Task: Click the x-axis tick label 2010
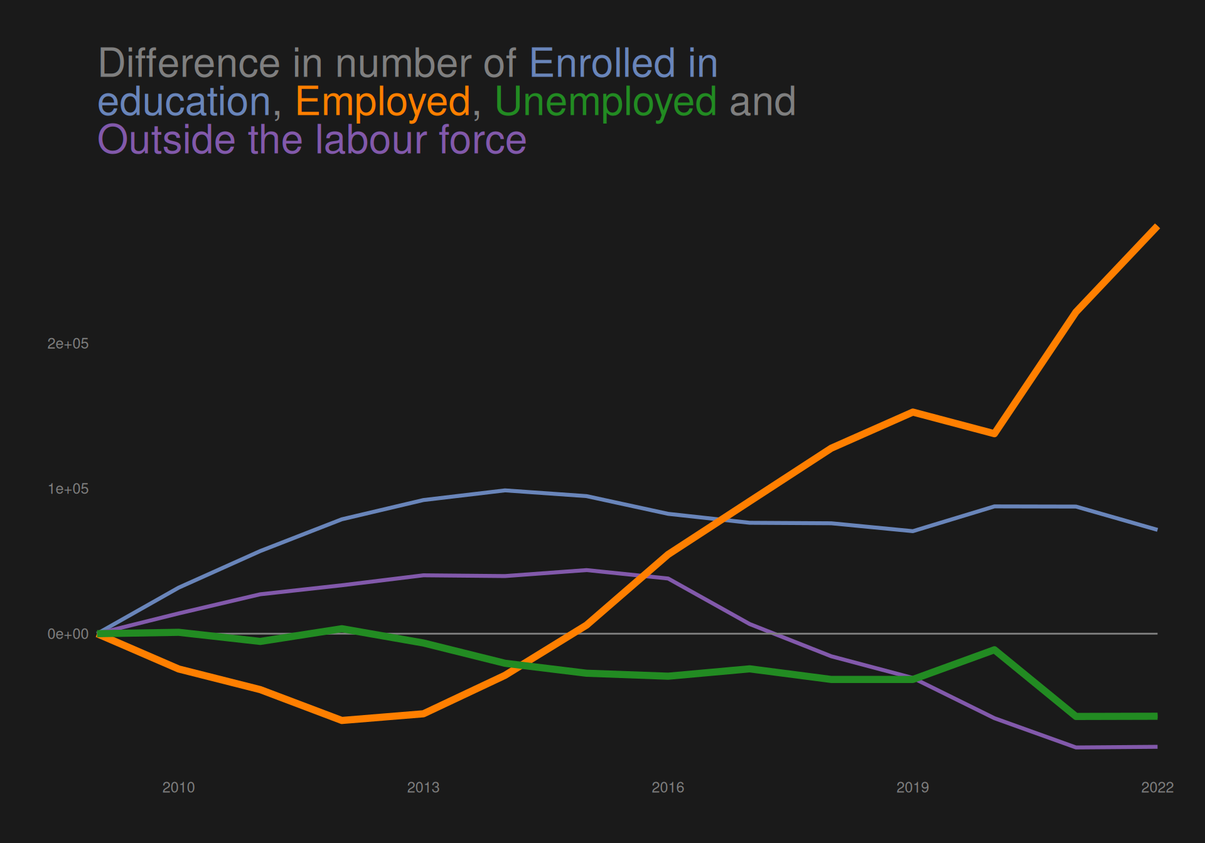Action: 178,787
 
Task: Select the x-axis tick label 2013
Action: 423,787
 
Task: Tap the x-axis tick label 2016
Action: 668,787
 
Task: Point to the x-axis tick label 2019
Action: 913,787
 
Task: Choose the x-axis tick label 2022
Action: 1157,787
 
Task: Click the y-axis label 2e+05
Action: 68,344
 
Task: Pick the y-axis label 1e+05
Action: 68,489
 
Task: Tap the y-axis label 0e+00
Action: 68,634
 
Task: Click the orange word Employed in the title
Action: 383,102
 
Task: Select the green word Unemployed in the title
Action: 606,102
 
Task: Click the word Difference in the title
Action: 189,63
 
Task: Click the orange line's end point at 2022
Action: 1157,227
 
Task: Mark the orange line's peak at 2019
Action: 913,412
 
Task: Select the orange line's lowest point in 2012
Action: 341,720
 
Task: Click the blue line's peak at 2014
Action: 505,490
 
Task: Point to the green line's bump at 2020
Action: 994,650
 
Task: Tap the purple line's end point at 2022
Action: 1157,747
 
